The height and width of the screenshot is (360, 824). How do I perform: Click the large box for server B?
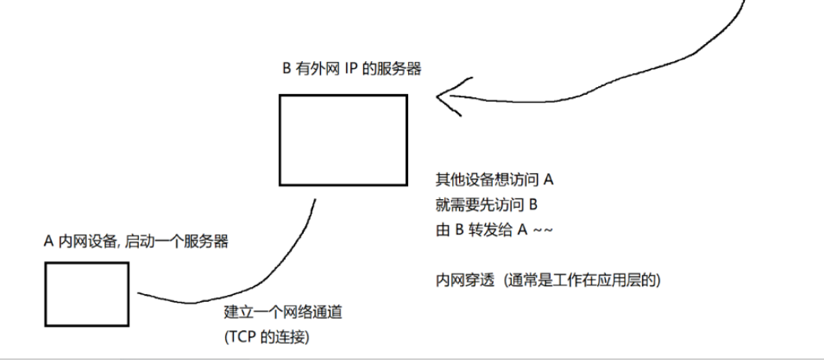[344, 140]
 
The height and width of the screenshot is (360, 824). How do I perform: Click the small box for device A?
[86, 293]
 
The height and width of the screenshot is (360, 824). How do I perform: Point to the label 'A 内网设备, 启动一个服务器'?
[136, 242]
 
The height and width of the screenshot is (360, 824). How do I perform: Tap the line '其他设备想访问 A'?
[495, 180]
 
